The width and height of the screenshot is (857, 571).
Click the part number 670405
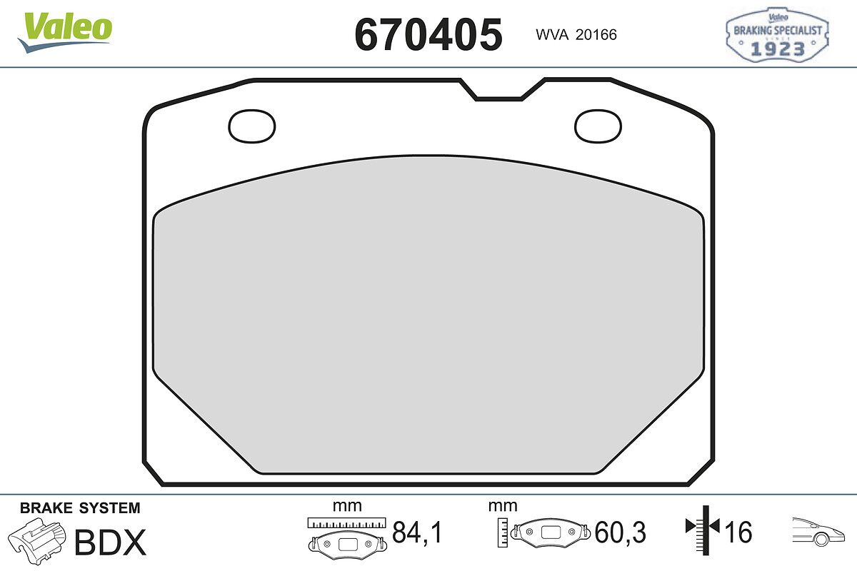pos(428,34)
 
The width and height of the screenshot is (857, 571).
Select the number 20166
pos(596,35)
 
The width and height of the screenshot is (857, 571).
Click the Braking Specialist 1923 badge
pos(777,34)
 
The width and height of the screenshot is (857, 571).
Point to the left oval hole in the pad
pos(251,126)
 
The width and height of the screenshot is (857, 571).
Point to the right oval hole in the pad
pos(598,126)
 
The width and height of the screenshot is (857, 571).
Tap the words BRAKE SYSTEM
pos(80,508)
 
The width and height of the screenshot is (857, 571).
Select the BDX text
pos(110,542)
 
